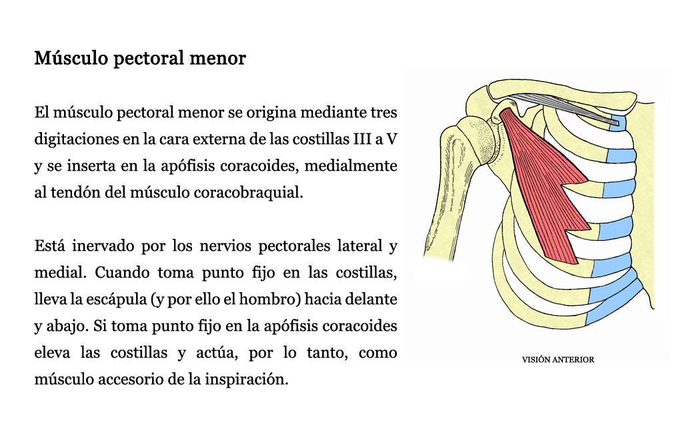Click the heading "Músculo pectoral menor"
coord(140,58)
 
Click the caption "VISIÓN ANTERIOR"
coord(558,360)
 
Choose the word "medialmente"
coord(350,166)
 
